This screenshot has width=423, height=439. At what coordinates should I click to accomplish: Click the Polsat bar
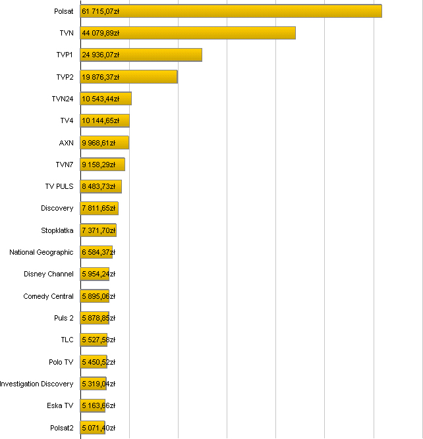(231, 11)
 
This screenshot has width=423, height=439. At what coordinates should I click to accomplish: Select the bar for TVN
(188, 33)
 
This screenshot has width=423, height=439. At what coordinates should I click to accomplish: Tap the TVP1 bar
(141, 55)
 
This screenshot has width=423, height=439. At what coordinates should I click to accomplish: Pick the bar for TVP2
(128, 77)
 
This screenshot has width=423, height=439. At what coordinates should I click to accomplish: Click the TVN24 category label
(63, 99)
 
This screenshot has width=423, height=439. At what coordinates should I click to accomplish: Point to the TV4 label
(67, 120)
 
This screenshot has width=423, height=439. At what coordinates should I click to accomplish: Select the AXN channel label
(67, 143)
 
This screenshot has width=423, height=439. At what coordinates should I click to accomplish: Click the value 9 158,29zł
(99, 165)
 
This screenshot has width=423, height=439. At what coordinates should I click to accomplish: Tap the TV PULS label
(59, 186)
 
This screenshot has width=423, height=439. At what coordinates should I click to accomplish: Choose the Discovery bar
(99, 209)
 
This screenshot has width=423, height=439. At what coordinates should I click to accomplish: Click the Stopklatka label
(57, 230)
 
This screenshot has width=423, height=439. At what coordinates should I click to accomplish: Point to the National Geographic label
(42, 252)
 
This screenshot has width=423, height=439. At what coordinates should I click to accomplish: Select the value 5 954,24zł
(99, 274)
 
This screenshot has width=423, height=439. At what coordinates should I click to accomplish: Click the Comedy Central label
(49, 296)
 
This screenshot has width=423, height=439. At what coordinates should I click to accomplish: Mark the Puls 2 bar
(94, 318)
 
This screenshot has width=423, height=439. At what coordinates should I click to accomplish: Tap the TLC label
(67, 340)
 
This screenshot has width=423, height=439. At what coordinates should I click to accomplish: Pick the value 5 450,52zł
(99, 362)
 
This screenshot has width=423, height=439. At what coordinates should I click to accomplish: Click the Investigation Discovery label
(37, 384)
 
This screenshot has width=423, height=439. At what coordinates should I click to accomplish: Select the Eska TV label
(60, 405)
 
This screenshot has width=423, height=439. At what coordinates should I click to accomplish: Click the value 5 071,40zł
(99, 428)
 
